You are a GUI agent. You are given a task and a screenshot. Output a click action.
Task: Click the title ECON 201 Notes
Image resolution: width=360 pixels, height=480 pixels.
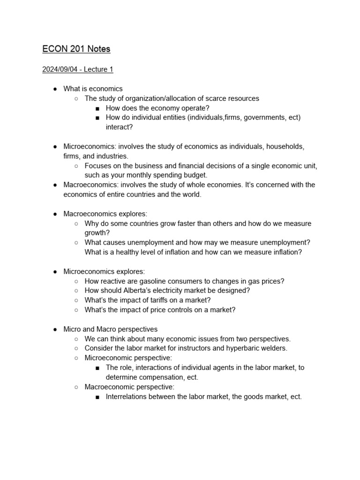(x=76, y=49)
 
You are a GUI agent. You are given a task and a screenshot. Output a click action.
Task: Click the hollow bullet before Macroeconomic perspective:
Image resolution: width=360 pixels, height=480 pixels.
(x=76, y=387)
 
